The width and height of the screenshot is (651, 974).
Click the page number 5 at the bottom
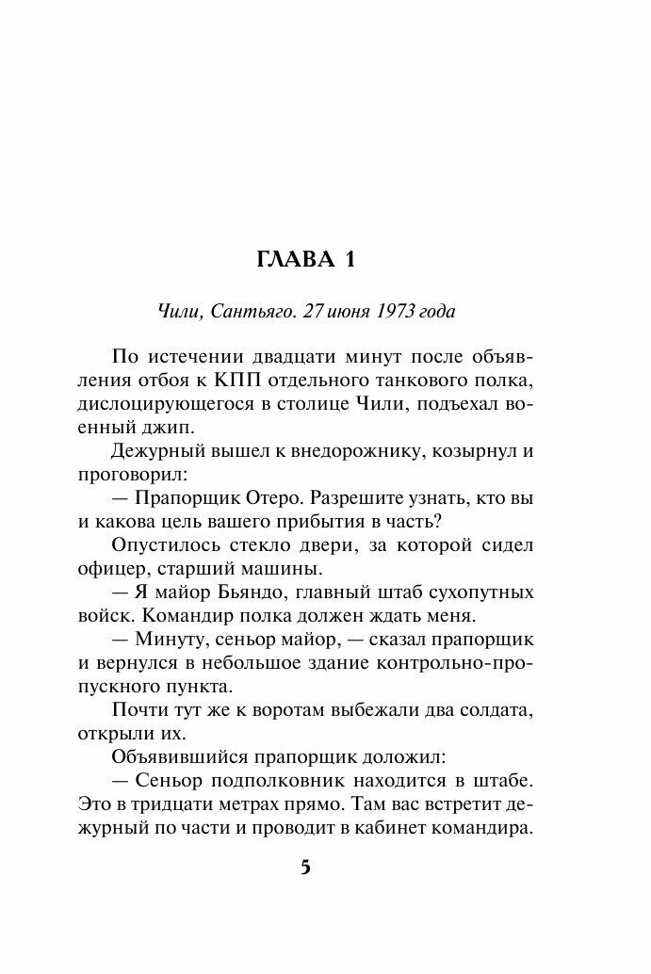(304, 868)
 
